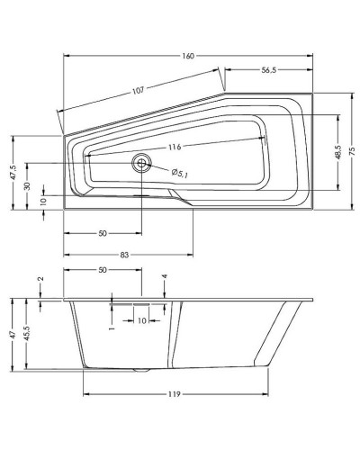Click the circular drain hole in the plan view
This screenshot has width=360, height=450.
click(141, 164)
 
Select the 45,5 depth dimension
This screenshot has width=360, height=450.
click(28, 333)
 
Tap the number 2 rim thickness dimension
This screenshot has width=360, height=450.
click(40, 280)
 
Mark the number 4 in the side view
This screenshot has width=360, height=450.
click(165, 276)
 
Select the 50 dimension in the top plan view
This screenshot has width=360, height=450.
click(102, 233)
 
